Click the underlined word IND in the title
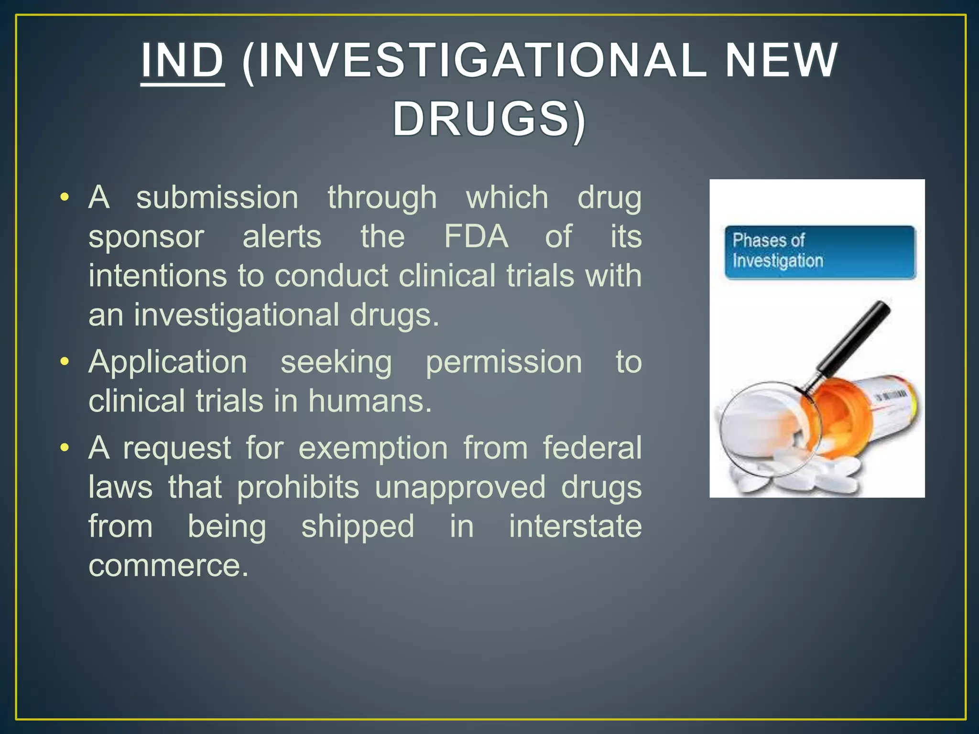click(182, 61)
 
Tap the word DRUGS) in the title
click(489, 119)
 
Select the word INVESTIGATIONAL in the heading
click(474, 61)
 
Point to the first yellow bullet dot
click(65, 197)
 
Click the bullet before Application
click(65, 361)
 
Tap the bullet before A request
click(65, 448)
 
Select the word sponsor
click(146, 237)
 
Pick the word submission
click(217, 197)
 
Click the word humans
click(370, 400)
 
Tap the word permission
click(503, 362)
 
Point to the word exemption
click(373, 448)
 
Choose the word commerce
click(168, 566)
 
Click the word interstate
click(575, 526)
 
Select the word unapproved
click(459, 487)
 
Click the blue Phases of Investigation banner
click(819, 252)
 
